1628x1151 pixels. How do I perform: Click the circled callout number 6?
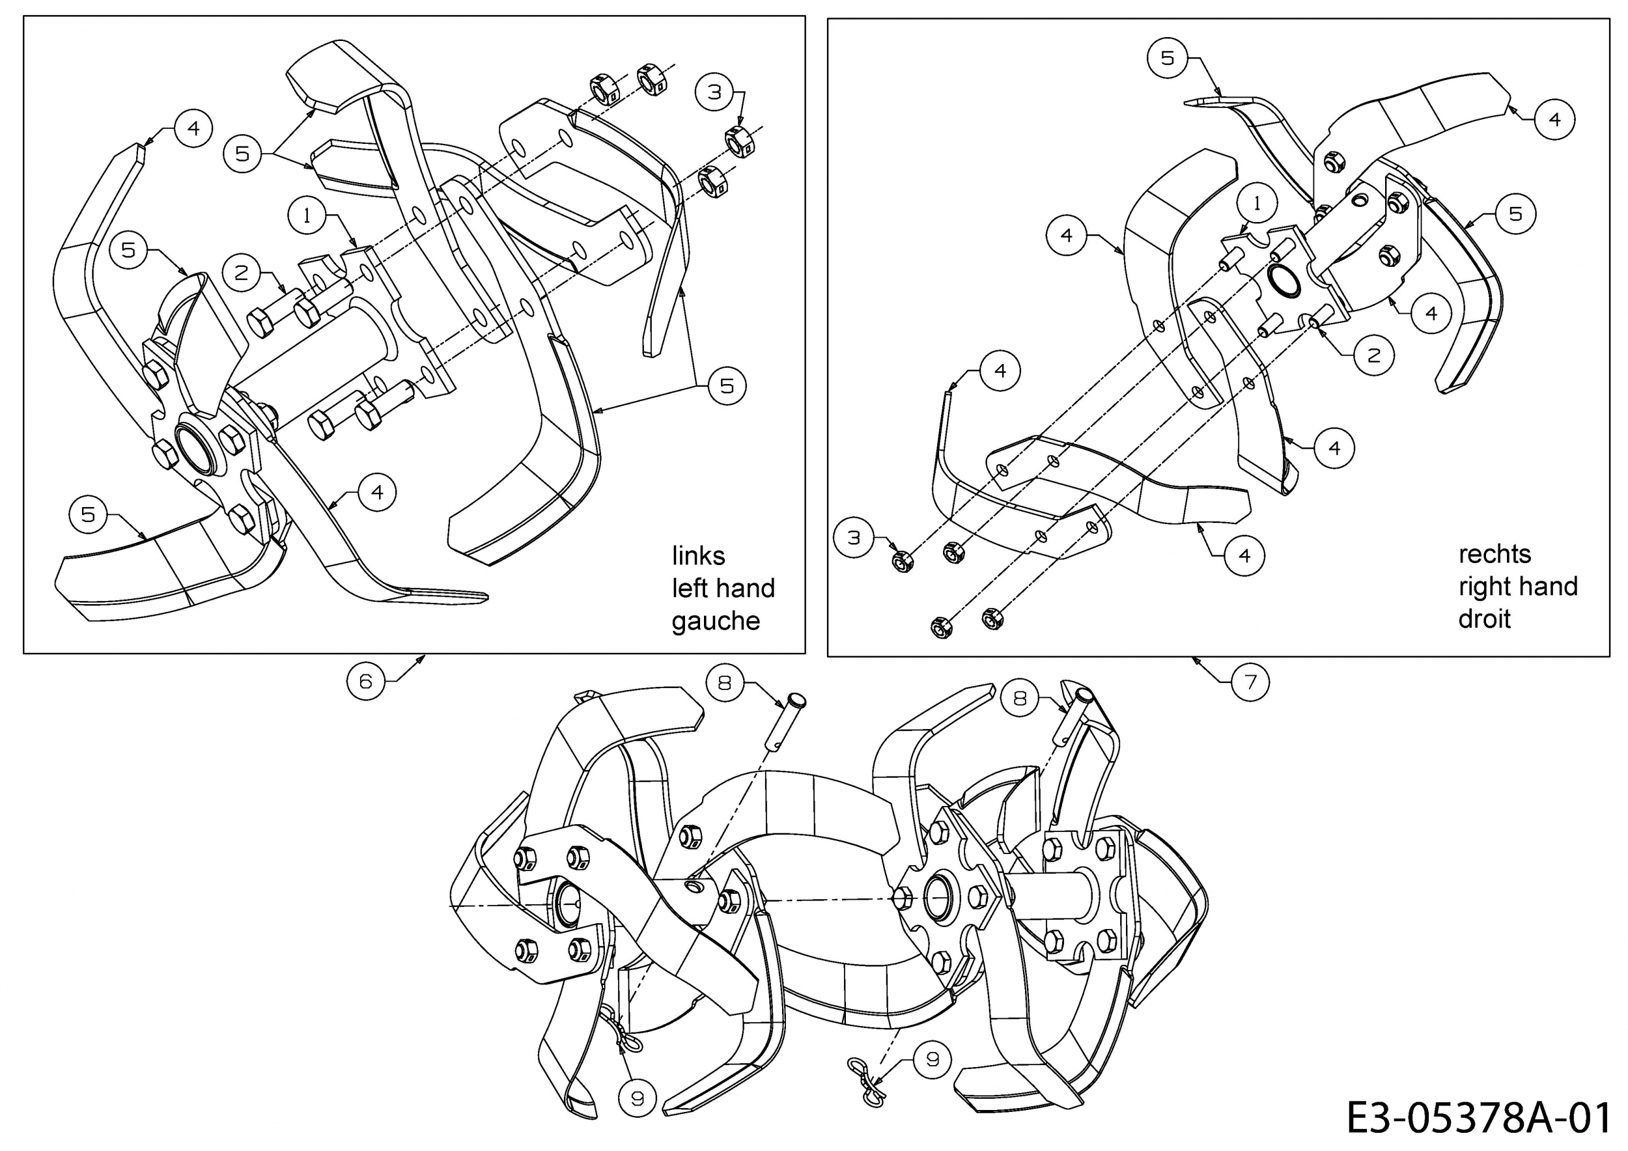tap(365, 681)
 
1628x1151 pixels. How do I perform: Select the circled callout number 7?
tap(1250, 682)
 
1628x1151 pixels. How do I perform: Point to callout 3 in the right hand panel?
tap(854, 538)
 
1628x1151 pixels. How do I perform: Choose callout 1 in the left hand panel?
tap(306, 215)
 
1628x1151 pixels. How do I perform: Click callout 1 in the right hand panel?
tap(1257, 203)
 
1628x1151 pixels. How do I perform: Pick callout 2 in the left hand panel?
tap(242, 273)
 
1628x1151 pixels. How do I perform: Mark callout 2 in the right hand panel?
tap(1373, 356)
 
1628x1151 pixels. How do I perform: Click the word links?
tap(699, 556)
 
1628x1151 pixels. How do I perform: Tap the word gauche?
tap(716, 621)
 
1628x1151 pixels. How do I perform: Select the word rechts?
tap(1495, 553)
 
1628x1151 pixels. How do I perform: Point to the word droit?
tap(1484, 618)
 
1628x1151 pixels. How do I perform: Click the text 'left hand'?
tap(723, 589)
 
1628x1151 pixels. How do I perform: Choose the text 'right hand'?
tap(1518, 586)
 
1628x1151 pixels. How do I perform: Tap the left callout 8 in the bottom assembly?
tap(725, 682)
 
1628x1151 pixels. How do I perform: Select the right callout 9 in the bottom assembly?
tap(933, 1060)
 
